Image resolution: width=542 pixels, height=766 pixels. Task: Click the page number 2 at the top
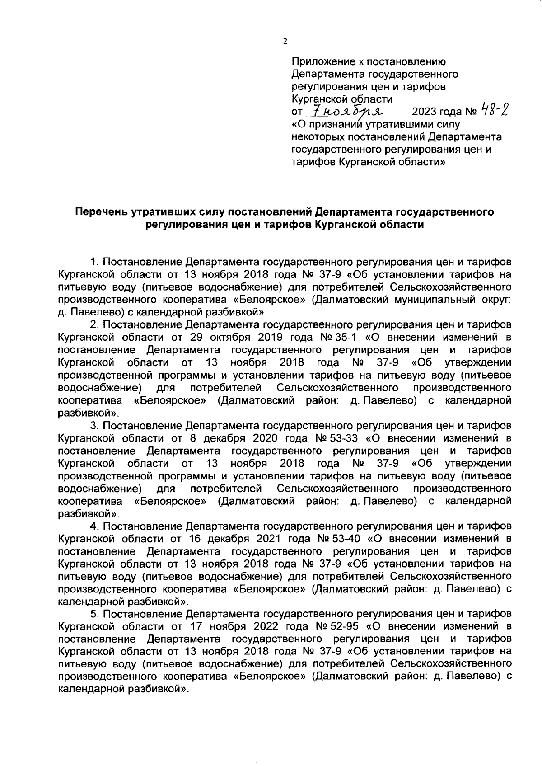(285, 42)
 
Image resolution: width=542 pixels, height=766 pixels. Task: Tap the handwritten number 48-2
(492, 109)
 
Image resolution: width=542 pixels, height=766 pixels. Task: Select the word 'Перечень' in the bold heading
(101, 211)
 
